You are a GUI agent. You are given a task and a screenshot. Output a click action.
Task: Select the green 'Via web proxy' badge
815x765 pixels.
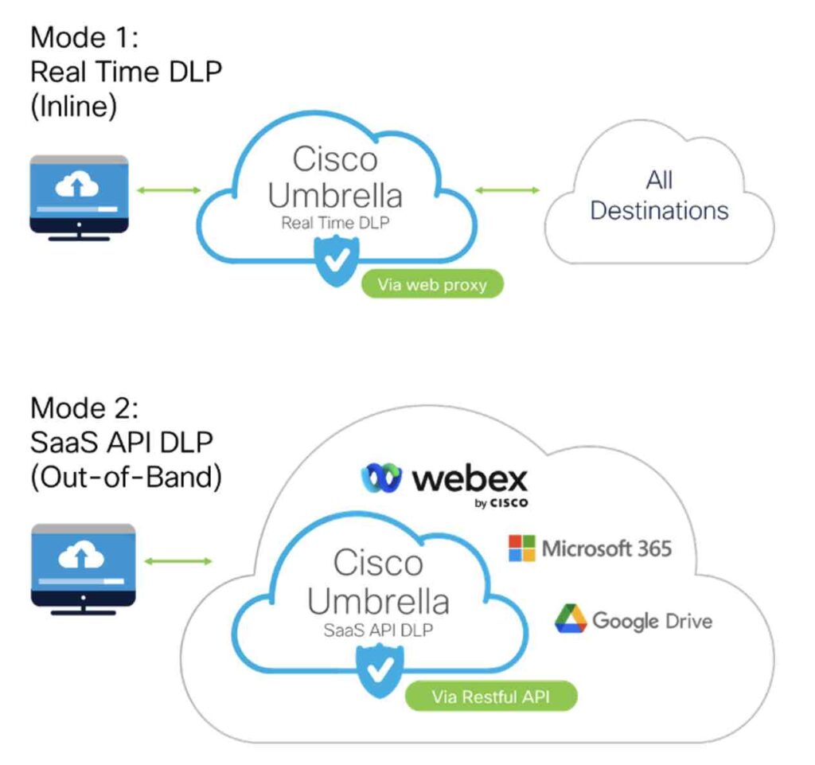pyautogui.click(x=433, y=284)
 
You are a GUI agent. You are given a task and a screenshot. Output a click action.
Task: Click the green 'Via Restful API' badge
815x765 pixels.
pyautogui.click(x=491, y=697)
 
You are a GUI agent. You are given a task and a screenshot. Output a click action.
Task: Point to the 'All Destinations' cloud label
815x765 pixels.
pyautogui.click(x=659, y=196)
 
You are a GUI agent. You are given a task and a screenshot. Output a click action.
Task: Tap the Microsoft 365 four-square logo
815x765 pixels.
pyautogui.click(x=522, y=548)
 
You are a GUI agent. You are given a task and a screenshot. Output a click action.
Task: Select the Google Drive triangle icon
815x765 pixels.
pyautogui.click(x=571, y=619)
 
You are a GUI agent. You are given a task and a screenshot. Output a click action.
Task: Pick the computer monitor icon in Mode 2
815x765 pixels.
pyautogui.click(x=83, y=565)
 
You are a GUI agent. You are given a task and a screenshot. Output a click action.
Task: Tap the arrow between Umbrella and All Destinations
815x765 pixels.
pyautogui.click(x=507, y=189)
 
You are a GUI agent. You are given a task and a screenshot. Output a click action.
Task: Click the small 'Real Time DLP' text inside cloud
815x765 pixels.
pyautogui.click(x=335, y=224)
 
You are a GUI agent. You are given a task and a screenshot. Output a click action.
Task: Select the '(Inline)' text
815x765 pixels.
pyautogui.click(x=73, y=107)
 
